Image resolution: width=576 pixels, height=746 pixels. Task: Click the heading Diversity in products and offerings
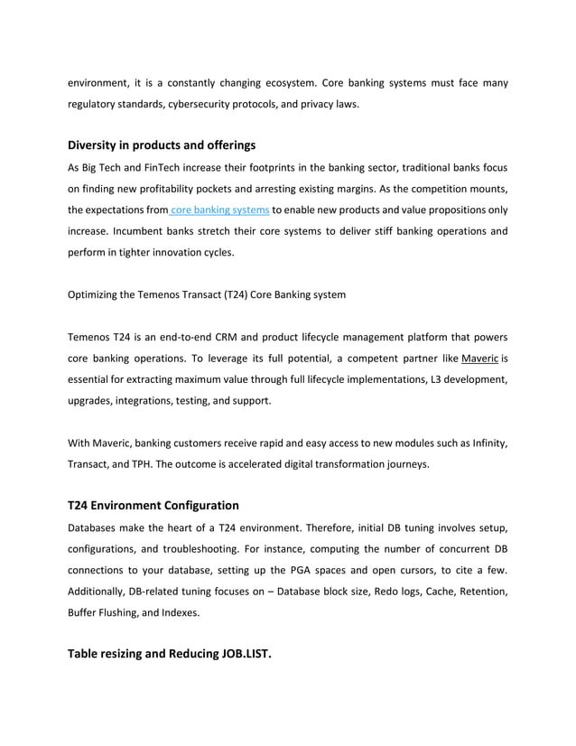click(x=162, y=145)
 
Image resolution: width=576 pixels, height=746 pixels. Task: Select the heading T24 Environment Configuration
click(x=153, y=505)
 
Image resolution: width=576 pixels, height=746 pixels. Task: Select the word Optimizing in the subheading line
click(x=95, y=294)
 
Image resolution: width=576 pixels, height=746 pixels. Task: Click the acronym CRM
click(x=218, y=336)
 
